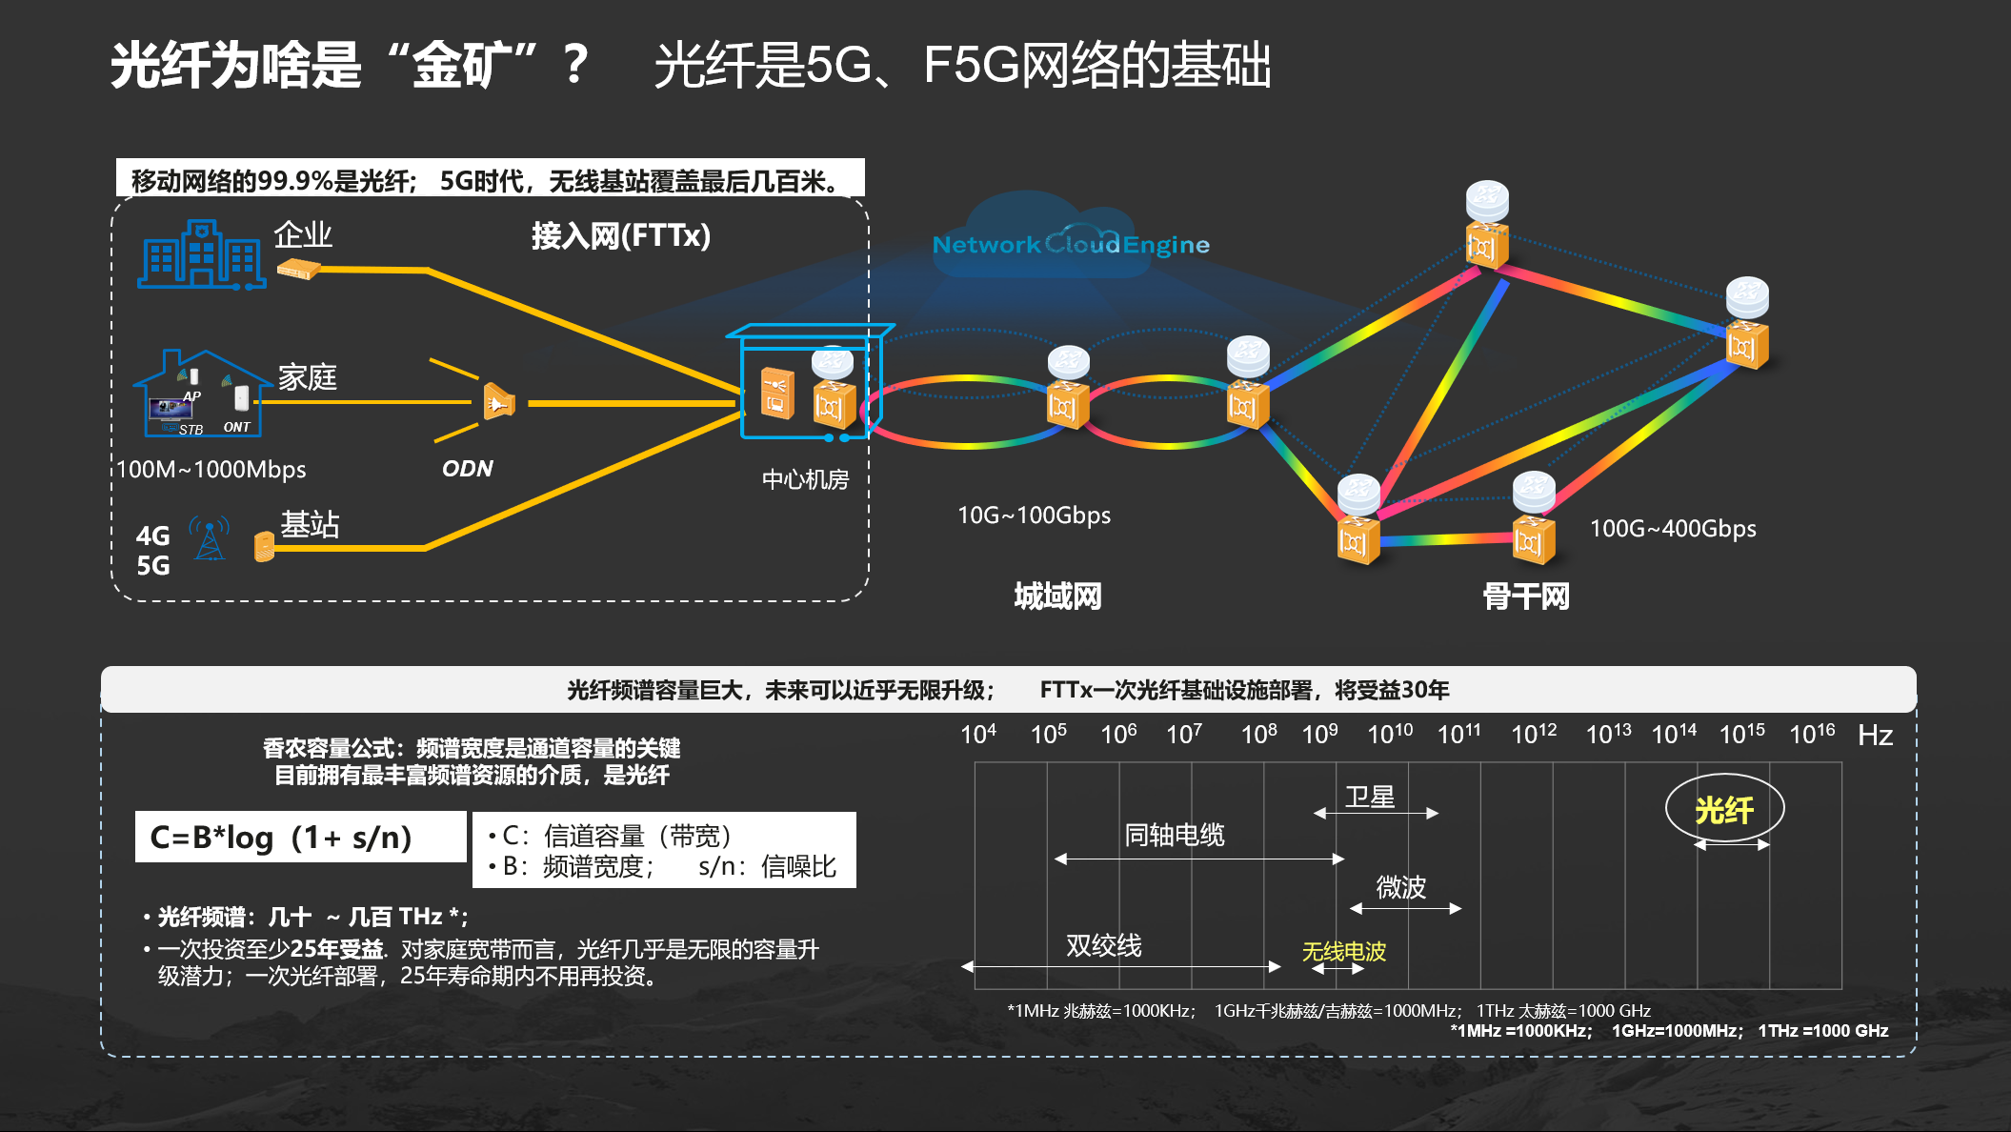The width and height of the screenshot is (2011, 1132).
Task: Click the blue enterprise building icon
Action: point(201,254)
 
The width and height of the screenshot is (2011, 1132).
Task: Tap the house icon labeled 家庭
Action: point(203,394)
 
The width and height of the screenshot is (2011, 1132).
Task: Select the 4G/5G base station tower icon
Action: point(210,538)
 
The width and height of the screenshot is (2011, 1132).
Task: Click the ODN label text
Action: point(468,469)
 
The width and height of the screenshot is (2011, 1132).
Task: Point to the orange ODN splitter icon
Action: point(499,403)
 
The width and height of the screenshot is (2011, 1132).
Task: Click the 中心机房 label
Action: point(805,479)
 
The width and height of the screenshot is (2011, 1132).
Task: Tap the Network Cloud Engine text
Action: point(1071,245)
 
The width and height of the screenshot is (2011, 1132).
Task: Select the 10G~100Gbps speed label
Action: point(1034,515)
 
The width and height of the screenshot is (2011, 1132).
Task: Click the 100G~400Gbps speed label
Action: point(1673,529)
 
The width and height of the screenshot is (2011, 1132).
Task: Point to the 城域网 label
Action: point(1057,596)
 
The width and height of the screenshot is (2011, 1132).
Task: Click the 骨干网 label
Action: point(1525,596)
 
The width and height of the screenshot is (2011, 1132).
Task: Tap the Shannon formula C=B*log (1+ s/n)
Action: point(281,838)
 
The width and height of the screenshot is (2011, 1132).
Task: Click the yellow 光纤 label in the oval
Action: point(1724,810)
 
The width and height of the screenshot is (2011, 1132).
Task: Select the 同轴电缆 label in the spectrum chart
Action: point(1175,835)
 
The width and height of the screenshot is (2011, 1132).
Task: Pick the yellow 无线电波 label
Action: point(1343,951)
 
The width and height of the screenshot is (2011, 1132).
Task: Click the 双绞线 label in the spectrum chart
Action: point(1103,945)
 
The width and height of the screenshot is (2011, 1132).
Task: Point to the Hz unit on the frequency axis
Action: point(1875,736)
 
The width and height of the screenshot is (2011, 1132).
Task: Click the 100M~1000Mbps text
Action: point(211,470)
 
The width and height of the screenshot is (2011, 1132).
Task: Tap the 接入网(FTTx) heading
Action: point(621,235)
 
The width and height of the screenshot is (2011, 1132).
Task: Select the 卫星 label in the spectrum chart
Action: point(1370,797)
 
